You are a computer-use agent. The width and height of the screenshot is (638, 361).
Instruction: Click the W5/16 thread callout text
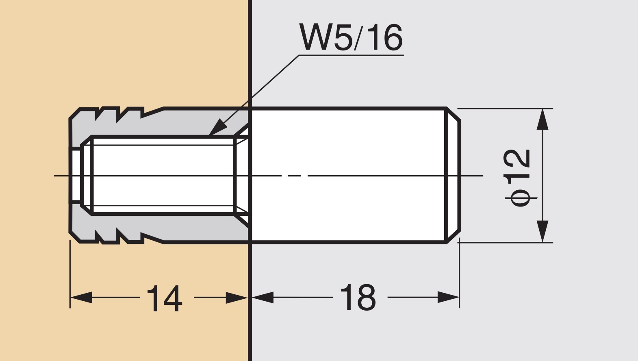point(351,37)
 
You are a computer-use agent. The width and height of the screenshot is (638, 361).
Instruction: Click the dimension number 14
point(164,298)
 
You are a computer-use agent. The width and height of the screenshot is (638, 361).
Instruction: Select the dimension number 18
point(358,298)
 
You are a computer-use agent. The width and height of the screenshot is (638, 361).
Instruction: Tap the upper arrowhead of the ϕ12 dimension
point(543,120)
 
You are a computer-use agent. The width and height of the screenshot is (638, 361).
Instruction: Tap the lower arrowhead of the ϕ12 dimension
point(543,231)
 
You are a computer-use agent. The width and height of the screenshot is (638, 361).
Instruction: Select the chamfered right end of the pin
point(454,176)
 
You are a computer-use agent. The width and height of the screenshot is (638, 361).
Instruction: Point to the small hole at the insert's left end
point(76,176)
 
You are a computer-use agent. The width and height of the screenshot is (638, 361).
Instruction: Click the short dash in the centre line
point(295,176)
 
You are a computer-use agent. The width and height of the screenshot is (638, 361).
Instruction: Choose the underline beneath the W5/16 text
point(351,55)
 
